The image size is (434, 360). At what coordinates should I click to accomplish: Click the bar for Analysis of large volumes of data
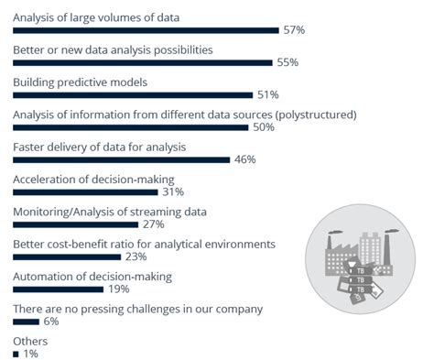pos(146,30)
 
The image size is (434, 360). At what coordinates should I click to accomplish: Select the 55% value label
pos(287,63)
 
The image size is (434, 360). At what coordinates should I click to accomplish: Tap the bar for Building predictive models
pos(132,95)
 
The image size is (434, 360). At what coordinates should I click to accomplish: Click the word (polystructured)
pos(309,115)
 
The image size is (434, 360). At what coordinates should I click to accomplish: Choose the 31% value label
pos(173,191)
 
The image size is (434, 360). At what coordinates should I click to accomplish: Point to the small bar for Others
pos(16,354)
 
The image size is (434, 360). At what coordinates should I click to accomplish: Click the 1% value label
pos(31,354)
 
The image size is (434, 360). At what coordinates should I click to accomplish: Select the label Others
pos(29,341)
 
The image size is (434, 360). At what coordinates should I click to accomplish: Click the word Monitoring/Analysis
pos(63,212)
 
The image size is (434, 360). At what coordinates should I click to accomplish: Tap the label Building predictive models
pos(80,82)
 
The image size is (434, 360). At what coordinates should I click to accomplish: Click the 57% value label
pos(294,30)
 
